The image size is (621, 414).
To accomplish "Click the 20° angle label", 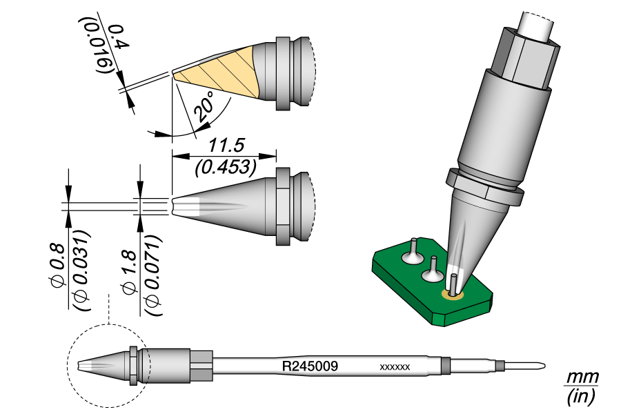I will pyautogui.click(x=204, y=109).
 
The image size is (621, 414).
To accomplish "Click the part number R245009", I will pyautogui.click(x=310, y=366).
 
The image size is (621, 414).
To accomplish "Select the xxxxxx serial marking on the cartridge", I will pyautogui.click(x=395, y=367).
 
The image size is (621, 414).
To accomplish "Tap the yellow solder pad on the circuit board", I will pyautogui.click(x=453, y=295).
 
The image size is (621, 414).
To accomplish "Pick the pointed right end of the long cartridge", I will pyautogui.click(x=544, y=365).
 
